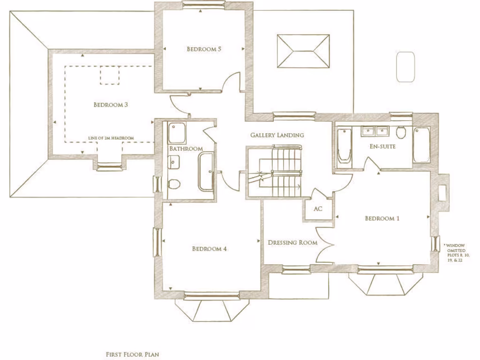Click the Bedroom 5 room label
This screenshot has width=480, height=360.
[203, 49]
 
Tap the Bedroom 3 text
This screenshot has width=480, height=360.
[111, 105]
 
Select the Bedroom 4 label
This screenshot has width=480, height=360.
[209, 249]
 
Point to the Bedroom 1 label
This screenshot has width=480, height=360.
[382, 218]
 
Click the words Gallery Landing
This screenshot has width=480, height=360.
[277, 135]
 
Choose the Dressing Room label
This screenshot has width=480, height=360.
[292, 243]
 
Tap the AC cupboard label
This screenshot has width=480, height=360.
[318, 209]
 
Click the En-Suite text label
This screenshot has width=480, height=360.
[383, 147]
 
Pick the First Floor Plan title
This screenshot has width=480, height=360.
[132, 354]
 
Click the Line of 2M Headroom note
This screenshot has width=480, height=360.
[111, 138]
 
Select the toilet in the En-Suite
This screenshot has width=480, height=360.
[401, 133]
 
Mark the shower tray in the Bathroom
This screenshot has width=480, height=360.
[177, 133]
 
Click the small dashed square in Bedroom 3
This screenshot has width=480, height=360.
[110, 75]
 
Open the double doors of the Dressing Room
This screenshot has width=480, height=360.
[325, 244]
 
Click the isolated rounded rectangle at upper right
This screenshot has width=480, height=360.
[405, 67]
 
